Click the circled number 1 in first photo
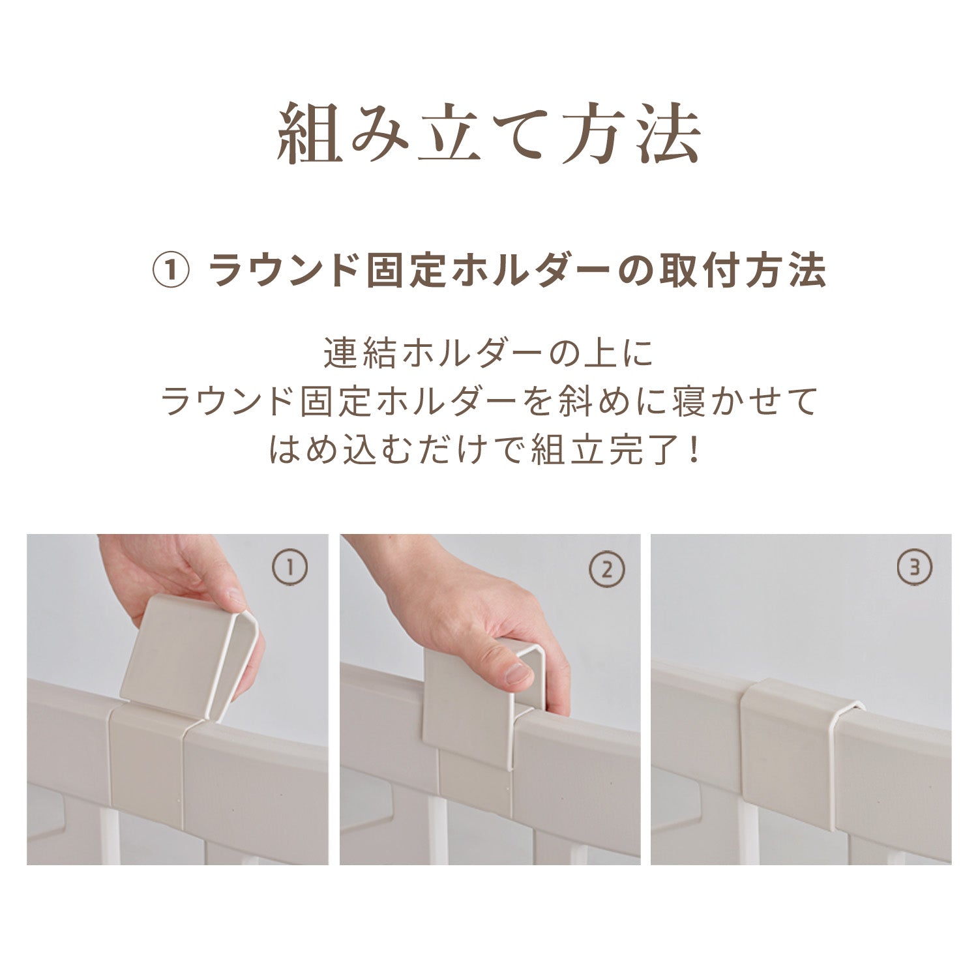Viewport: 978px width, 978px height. point(290,568)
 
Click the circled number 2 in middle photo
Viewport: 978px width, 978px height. point(606,569)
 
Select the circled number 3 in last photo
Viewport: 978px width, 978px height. point(915,568)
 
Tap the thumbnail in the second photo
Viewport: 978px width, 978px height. point(517,674)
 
